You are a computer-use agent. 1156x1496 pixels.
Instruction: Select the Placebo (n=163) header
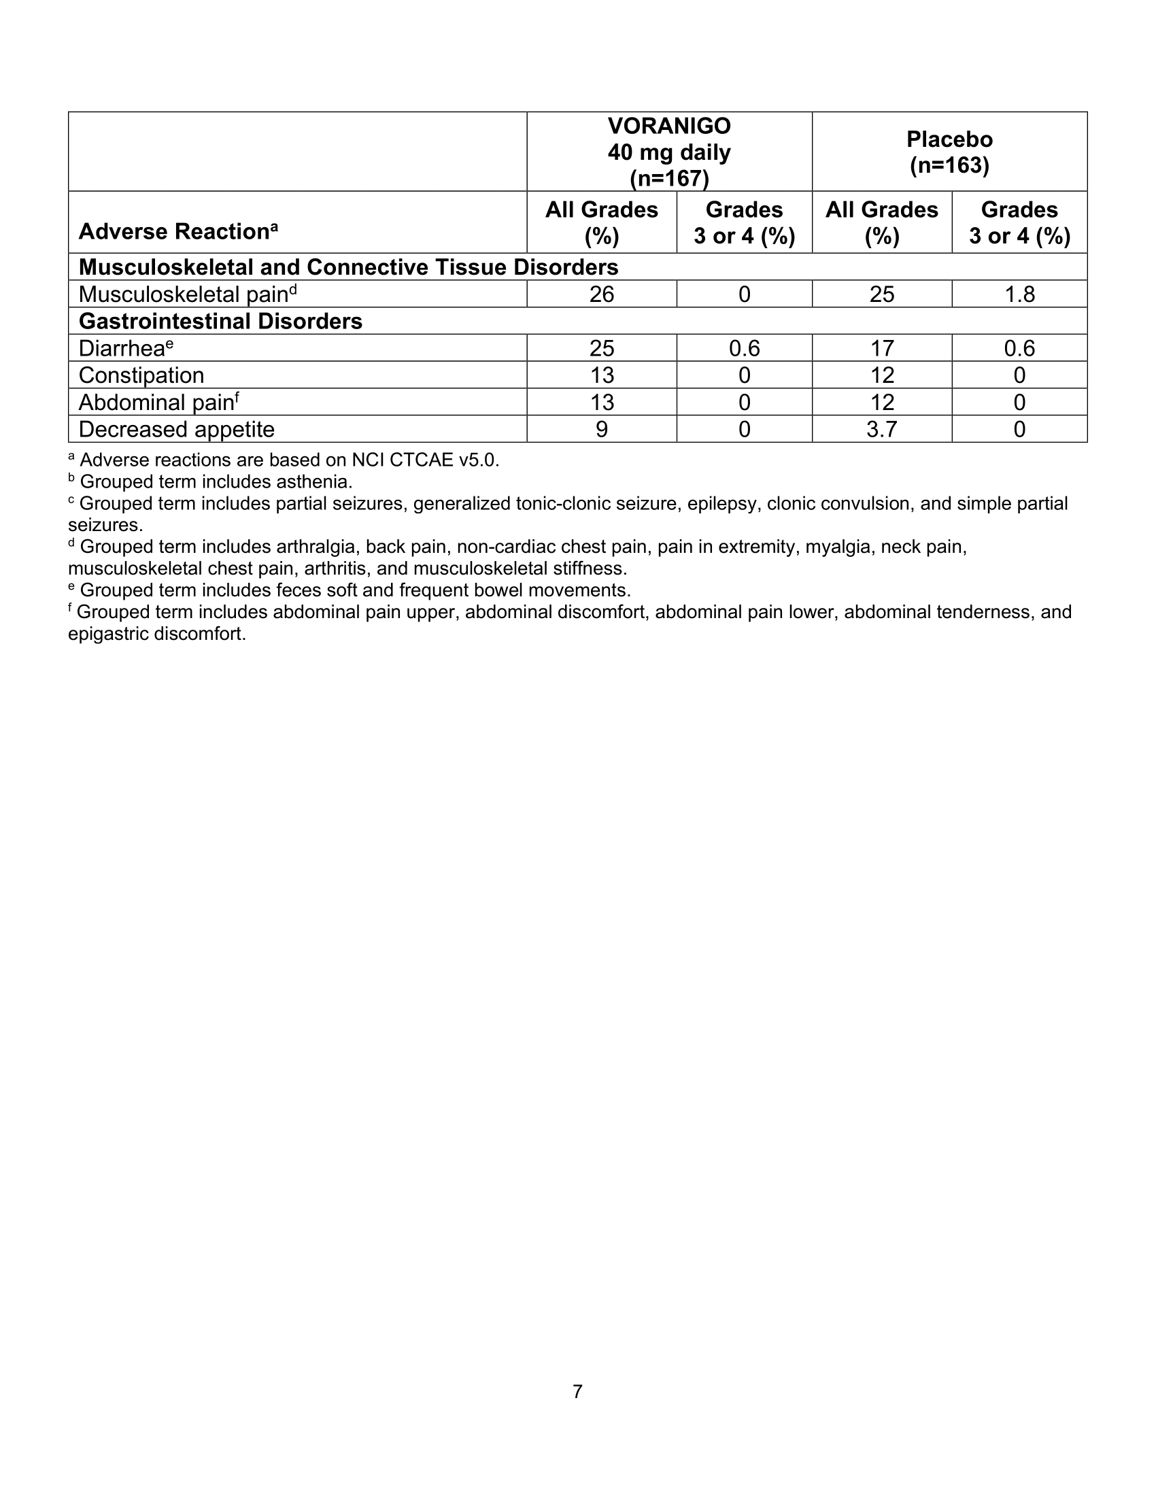point(949,152)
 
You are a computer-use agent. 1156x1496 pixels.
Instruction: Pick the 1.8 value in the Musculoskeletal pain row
point(1019,294)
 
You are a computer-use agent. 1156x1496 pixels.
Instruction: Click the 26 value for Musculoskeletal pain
point(601,294)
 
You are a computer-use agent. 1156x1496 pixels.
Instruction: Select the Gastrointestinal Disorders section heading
point(220,321)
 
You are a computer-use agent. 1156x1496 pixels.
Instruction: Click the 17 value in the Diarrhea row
point(881,349)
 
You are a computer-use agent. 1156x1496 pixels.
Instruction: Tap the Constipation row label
point(141,375)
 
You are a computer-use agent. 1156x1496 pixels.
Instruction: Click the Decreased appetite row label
point(176,430)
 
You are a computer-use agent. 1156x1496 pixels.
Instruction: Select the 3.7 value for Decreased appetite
point(881,430)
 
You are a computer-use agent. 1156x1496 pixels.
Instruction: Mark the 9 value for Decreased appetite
point(601,430)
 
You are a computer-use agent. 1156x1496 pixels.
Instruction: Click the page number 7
point(577,1391)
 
